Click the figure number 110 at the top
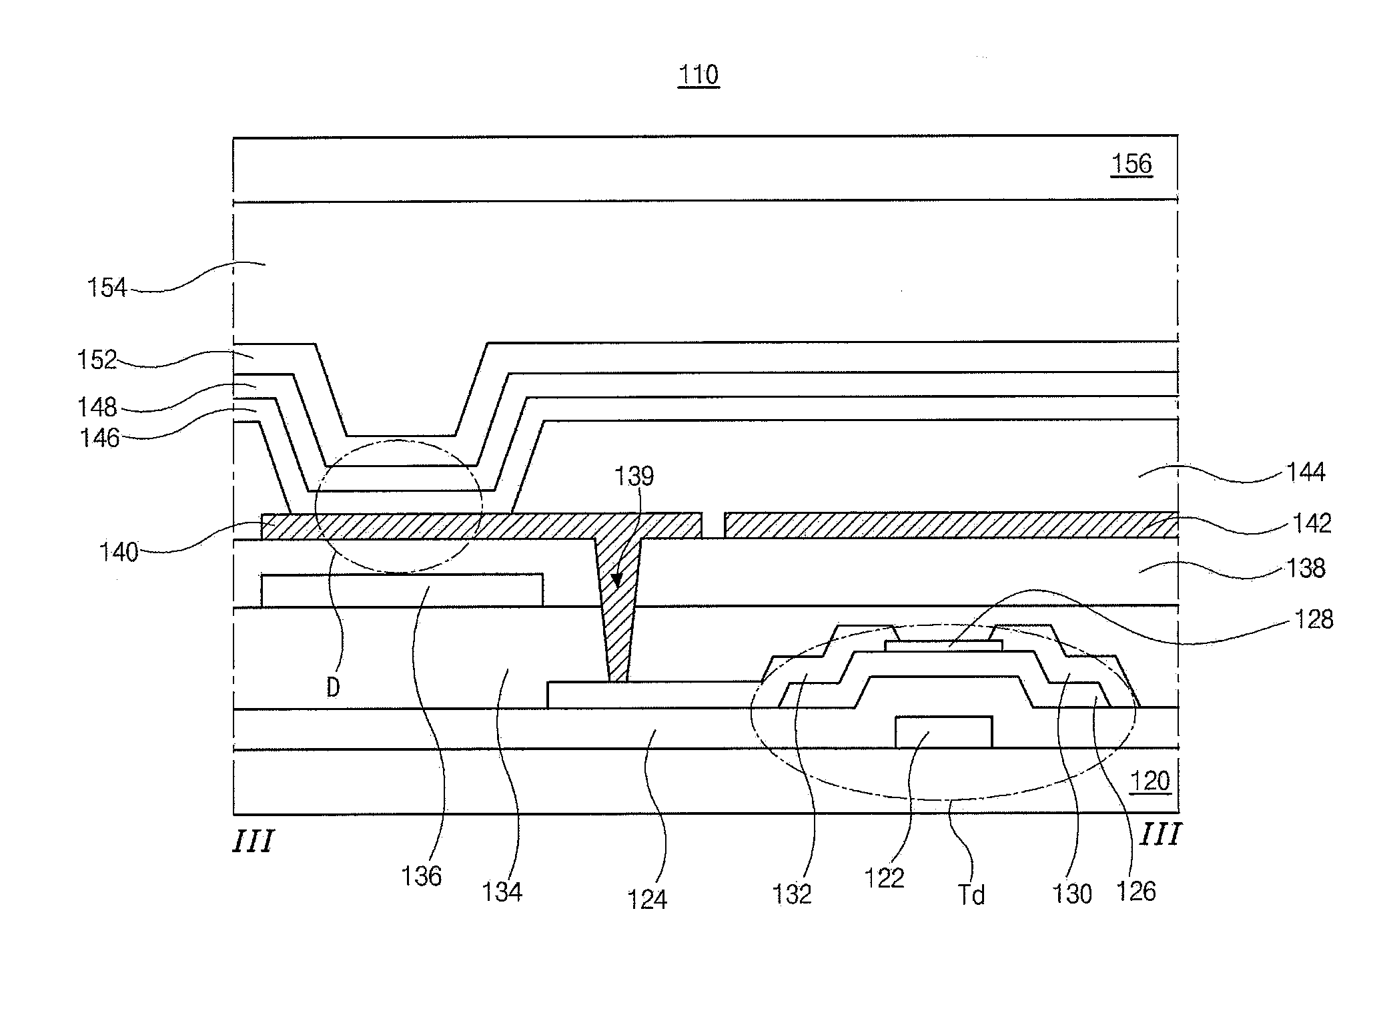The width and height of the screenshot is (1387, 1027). (x=698, y=75)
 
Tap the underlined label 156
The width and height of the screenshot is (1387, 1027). (x=1131, y=163)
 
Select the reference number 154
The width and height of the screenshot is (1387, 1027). (x=107, y=288)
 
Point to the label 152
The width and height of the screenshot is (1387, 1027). (x=97, y=360)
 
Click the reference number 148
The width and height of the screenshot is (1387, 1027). (x=97, y=406)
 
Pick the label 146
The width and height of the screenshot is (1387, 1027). (x=100, y=438)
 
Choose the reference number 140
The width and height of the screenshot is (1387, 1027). (x=119, y=552)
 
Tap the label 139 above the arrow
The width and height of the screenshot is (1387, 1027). (x=634, y=476)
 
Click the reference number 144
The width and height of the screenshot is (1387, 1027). (x=1306, y=472)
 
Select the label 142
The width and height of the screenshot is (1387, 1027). (x=1312, y=523)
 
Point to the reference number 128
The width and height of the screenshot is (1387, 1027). (x=1314, y=619)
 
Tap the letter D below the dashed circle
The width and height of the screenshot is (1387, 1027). (x=333, y=687)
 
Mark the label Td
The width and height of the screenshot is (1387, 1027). (x=971, y=895)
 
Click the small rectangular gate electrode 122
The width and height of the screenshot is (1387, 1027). (x=943, y=732)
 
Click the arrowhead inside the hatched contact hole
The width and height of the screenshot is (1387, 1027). (x=618, y=579)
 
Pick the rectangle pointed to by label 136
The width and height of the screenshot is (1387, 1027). (x=402, y=590)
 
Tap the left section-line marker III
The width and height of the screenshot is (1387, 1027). (x=254, y=841)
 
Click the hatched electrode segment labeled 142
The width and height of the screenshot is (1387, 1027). (x=951, y=525)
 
